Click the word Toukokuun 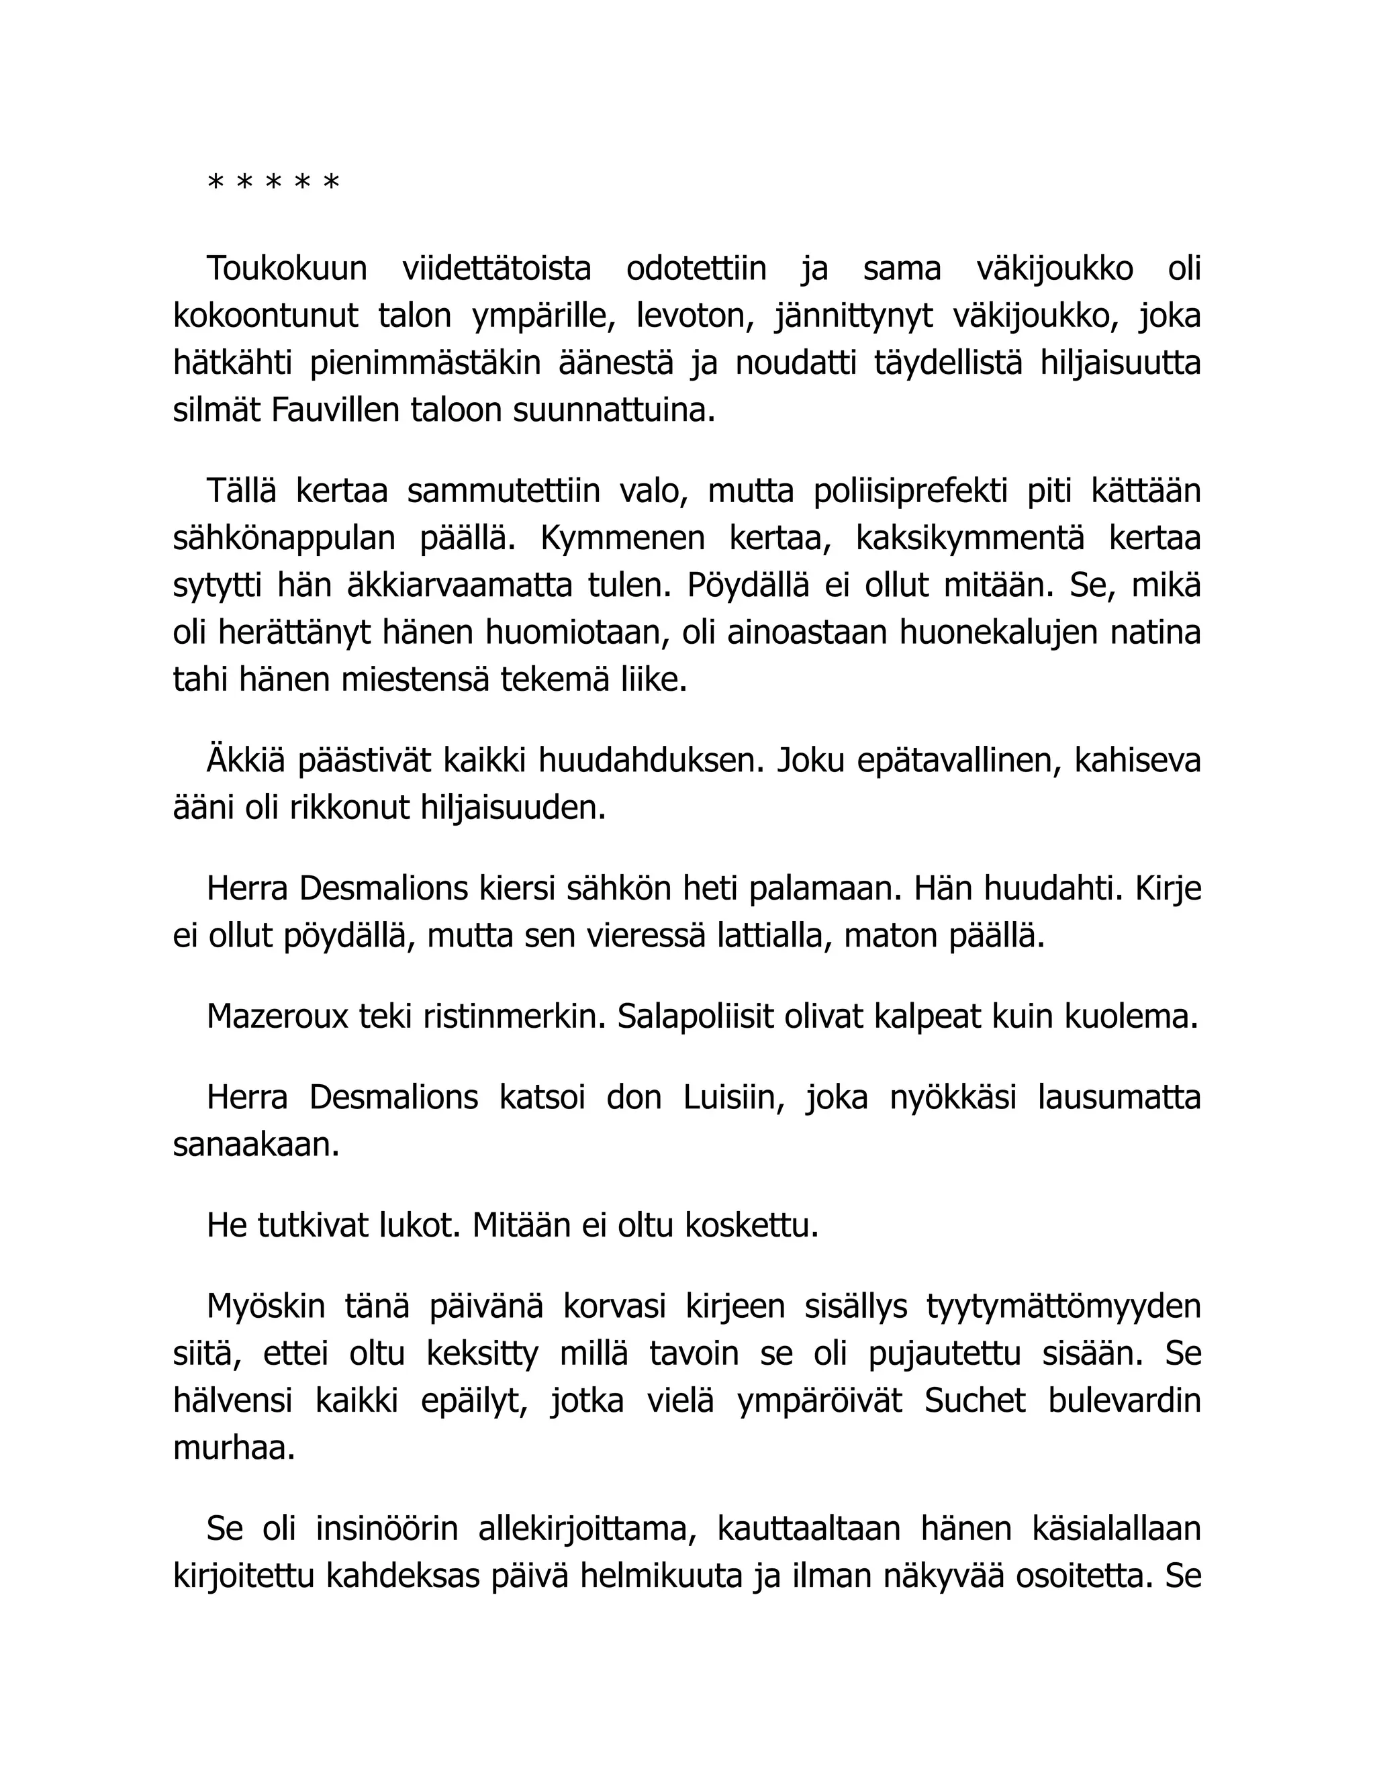[287, 268]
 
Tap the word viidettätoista [497, 268]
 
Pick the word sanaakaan [256, 1145]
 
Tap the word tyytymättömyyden [1063, 1306]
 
